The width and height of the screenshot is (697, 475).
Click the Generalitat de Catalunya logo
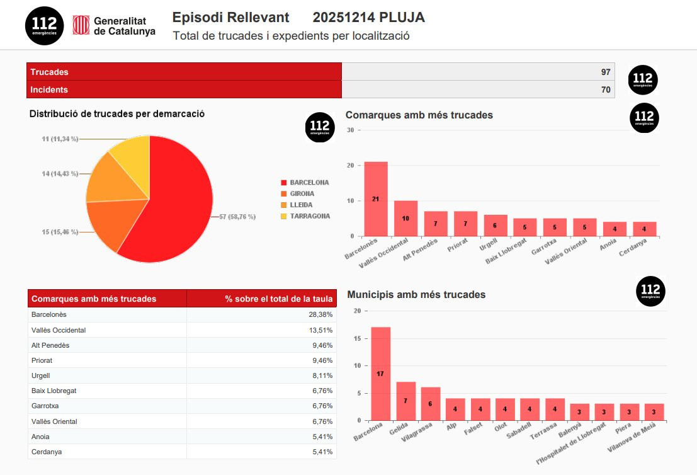[x=114, y=25]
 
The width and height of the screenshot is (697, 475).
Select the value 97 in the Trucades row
[x=606, y=72]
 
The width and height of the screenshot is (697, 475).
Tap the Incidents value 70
[x=606, y=89]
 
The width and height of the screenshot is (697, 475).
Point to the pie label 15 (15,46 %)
[x=60, y=232]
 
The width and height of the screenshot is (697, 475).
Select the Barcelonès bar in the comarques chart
[x=376, y=199]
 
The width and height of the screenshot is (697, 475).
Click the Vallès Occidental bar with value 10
[x=405, y=218]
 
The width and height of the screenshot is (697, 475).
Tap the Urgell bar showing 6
[x=496, y=226]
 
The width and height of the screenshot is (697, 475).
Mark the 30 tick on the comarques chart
[x=351, y=130]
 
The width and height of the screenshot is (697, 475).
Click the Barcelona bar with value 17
[x=380, y=374]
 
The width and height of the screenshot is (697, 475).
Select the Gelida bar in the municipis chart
[x=405, y=401]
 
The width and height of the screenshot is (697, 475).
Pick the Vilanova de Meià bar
[x=654, y=412]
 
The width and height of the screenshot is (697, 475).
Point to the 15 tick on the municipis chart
[x=357, y=338]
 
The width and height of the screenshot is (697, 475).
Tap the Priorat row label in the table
[x=42, y=360]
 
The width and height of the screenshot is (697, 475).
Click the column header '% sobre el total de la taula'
[x=278, y=299]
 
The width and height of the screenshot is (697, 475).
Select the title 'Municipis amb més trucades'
[x=416, y=294]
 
